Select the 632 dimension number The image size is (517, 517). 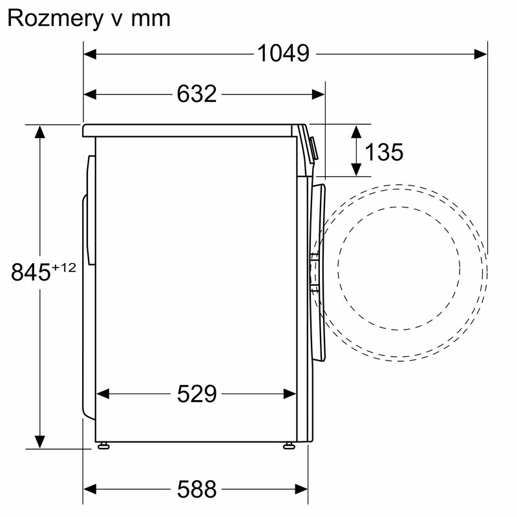(196, 94)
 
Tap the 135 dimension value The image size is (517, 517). (384, 153)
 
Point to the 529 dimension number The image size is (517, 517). (197, 394)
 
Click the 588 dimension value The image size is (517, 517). (197, 489)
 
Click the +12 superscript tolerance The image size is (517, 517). (64, 266)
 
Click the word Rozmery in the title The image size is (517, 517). (51, 18)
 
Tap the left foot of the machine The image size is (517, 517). (103, 445)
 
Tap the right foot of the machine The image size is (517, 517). (288, 445)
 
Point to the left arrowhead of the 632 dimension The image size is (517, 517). (90, 94)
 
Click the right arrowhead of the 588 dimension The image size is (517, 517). (302, 489)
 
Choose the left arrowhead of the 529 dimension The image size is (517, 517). (102, 394)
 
